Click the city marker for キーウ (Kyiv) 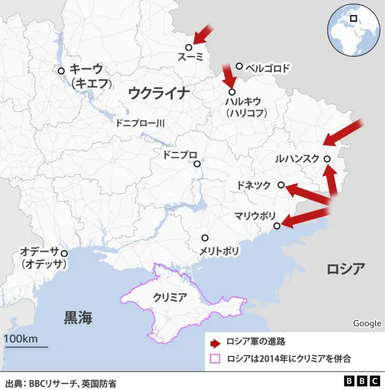(61, 71)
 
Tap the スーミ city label (191, 57)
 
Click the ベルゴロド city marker (239, 66)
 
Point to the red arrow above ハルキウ (228, 75)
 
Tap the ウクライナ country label (159, 92)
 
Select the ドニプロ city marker (197, 163)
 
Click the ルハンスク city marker (327, 159)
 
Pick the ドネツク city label (254, 186)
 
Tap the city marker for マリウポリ (277, 226)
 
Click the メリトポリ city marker (205, 237)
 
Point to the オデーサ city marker (64, 253)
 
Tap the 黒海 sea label (78, 318)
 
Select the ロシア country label (345, 269)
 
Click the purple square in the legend (215, 359)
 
